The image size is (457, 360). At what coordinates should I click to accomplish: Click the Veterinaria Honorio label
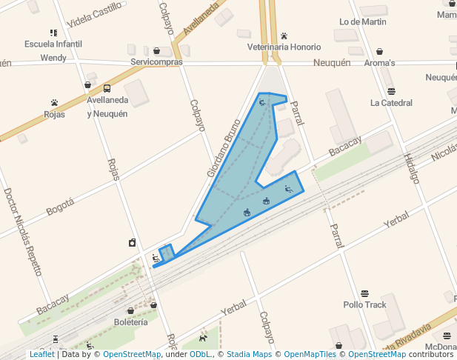coord(284,47)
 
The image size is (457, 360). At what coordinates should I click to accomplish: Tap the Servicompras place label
coord(156,62)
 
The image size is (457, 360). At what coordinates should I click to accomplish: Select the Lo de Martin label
coord(363,22)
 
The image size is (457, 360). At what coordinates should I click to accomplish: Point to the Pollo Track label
coord(364,304)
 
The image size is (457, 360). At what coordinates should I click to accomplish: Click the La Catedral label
coord(391,103)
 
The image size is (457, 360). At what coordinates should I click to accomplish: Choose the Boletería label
coord(131,322)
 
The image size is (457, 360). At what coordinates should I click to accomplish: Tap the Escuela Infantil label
coord(53,44)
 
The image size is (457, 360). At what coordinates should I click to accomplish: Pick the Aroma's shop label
coord(379,63)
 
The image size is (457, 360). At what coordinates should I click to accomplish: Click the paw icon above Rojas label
coord(54,103)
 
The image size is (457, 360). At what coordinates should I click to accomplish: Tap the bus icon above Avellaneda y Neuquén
coord(107,88)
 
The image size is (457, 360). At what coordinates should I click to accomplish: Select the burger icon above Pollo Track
coord(364,293)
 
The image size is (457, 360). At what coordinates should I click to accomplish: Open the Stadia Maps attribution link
coord(249,355)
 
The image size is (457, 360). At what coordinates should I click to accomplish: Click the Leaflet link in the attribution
coord(42,355)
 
